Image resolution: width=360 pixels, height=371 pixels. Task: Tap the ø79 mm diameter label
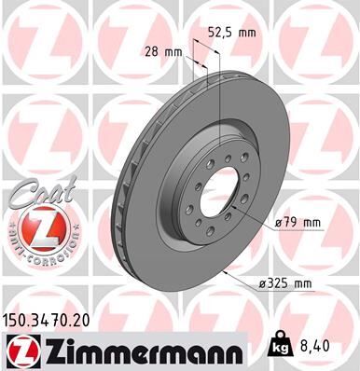tap(299, 223)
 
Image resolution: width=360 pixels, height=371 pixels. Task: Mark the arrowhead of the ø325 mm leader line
tap(228, 270)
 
